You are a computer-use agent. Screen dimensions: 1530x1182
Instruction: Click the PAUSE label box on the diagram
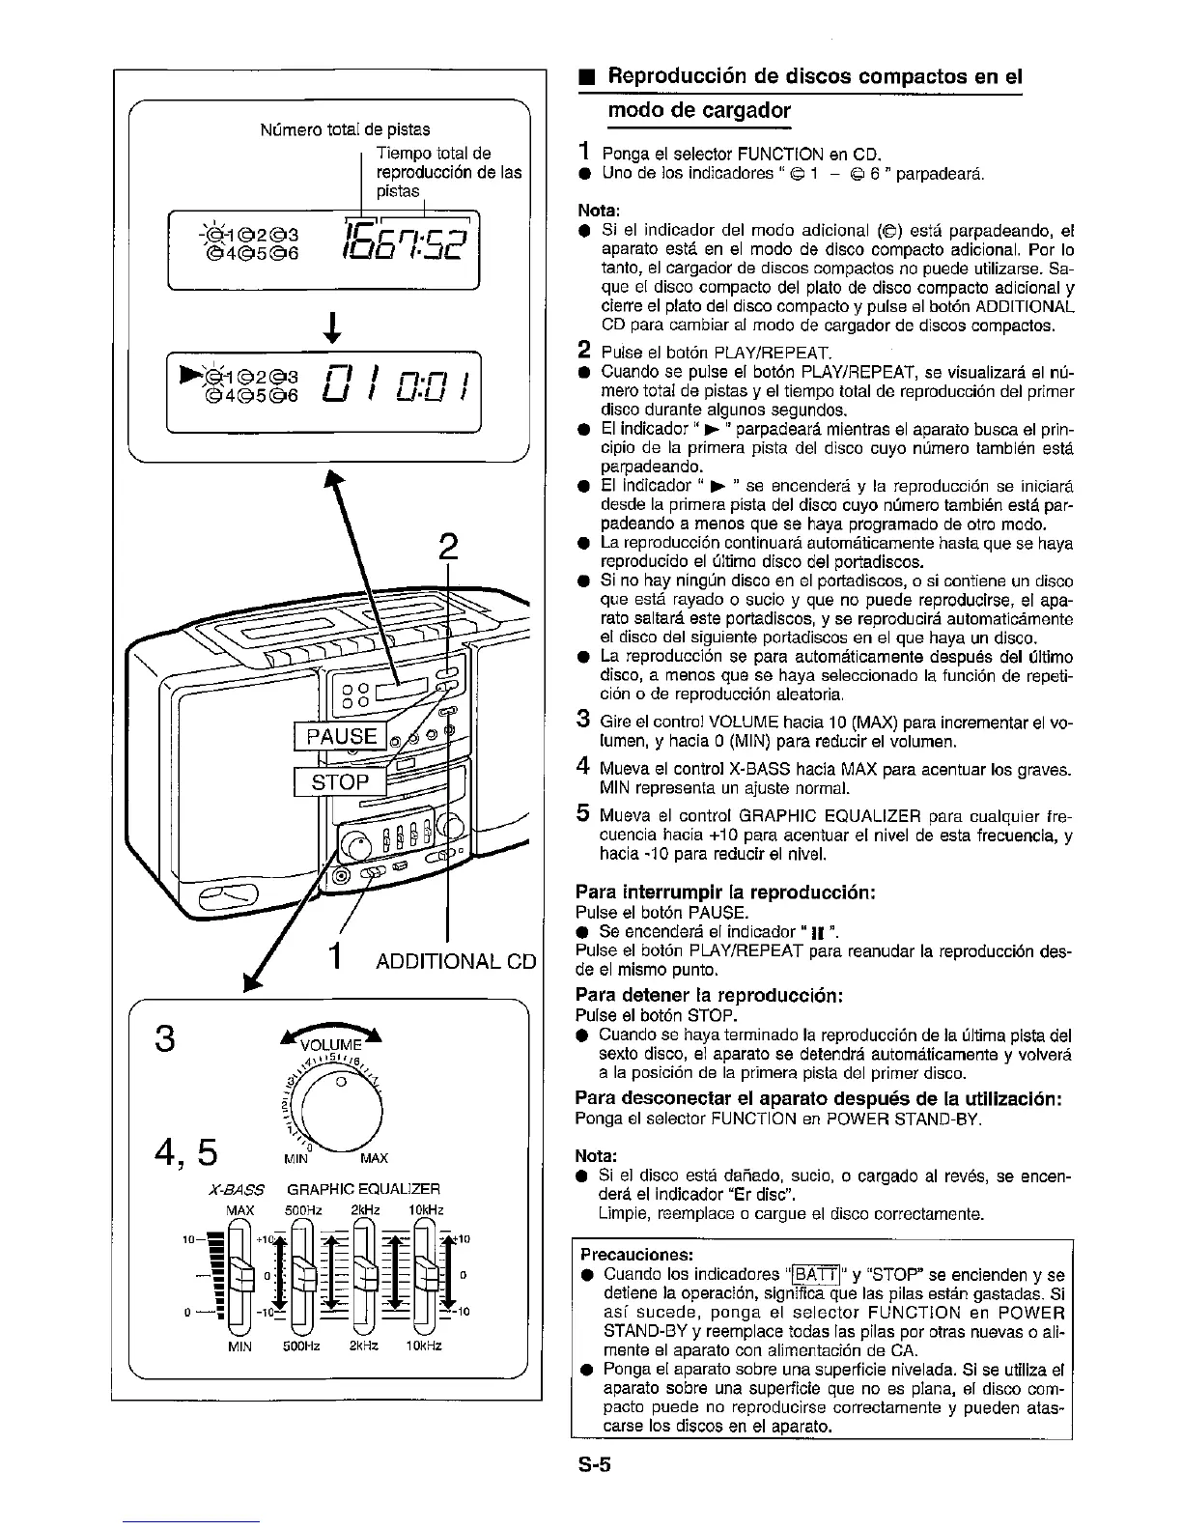pyautogui.click(x=341, y=735)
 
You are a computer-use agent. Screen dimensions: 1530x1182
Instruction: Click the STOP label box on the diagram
pyautogui.click(x=339, y=782)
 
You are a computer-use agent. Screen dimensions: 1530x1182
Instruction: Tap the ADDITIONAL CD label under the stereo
pyautogui.click(x=455, y=962)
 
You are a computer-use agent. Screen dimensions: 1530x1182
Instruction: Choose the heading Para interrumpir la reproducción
pyautogui.click(x=725, y=892)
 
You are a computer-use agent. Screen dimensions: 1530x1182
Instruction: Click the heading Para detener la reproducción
pyautogui.click(x=710, y=995)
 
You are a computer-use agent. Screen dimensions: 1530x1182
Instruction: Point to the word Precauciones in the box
pyautogui.click(x=636, y=1255)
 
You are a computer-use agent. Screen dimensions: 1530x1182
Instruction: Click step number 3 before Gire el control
pyautogui.click(x=583, y=720)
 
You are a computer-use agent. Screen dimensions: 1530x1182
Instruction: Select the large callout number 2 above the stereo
pyautogui.click(x=447, y=547)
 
